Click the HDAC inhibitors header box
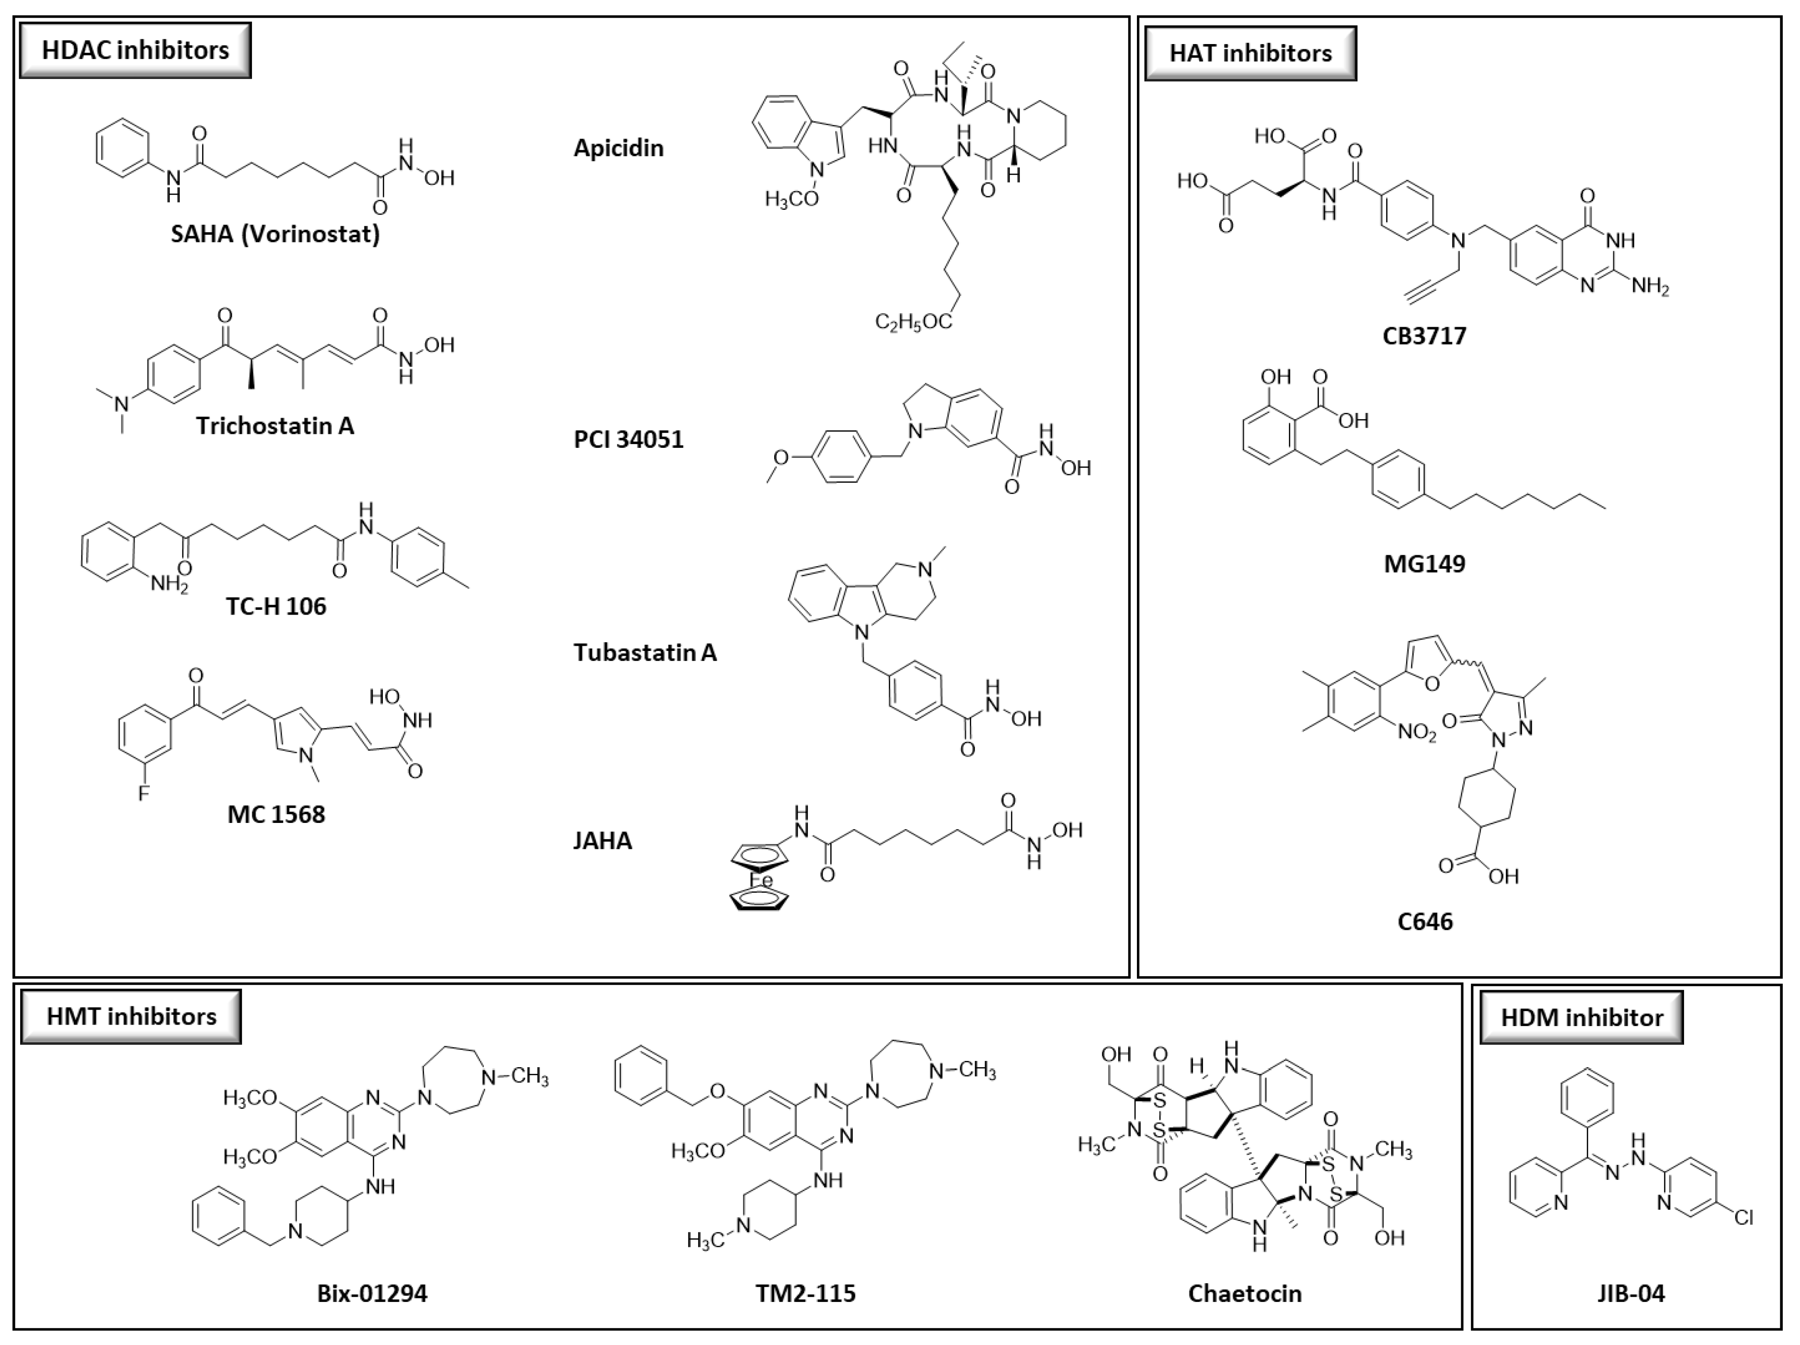tap(135, 50)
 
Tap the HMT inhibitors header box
tap(131, 1016)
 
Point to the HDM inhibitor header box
tap(1581, 1017)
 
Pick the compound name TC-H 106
tap(276, 606)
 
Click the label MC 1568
tap(276, 814)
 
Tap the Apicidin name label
tap(619, 148)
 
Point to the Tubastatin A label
tap(644, 652)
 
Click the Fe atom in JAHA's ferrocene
tap(760, 881)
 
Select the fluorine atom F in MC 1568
tap(143, 793)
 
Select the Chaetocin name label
tap(1244, 1294)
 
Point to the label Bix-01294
tap(372, 1294)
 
